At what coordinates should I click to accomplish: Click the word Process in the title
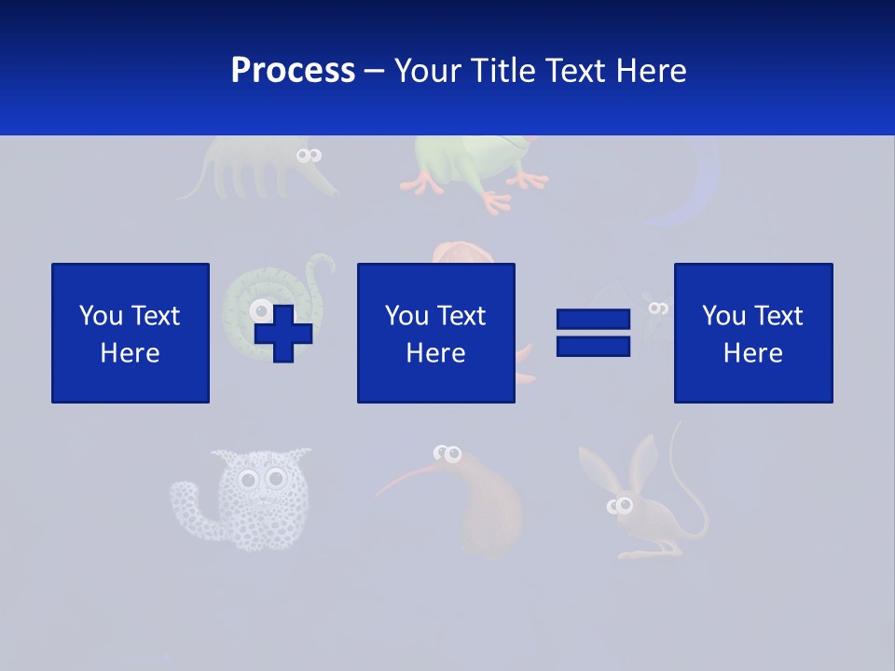point(293,71)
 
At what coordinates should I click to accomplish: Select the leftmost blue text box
point(131,333)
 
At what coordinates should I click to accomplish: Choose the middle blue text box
point(435,333)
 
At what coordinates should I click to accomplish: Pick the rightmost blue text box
point(752,333)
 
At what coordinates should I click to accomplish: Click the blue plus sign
point(283,333)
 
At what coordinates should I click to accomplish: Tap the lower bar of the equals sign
point(593,346)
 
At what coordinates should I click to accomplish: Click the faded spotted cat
point(247,499)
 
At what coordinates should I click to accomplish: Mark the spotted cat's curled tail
point(186,503)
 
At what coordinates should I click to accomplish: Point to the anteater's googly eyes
point(309,156)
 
